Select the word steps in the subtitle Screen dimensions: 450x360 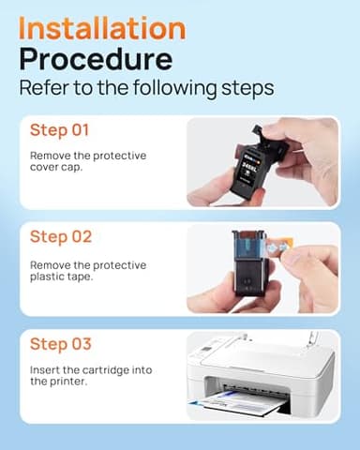point(244,89)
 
